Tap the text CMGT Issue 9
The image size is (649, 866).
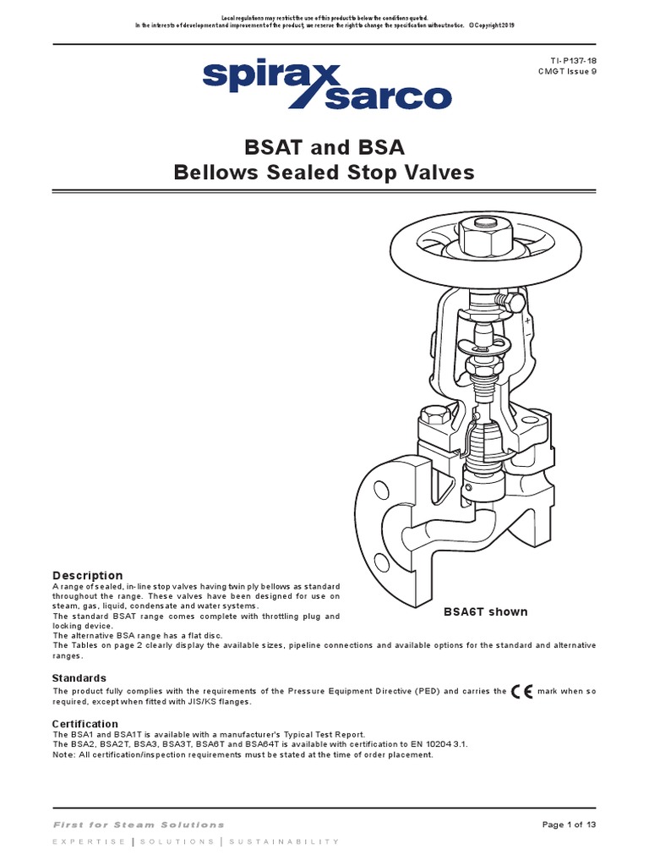pos(568,74)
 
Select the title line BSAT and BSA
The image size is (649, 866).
pos(324,148)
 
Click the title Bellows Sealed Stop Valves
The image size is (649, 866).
pos(324,173)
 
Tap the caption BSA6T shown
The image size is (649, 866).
pos(486,611)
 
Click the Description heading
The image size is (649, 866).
pos(88,575)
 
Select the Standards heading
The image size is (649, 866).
pos(79,677)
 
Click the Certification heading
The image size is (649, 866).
pos(85,724)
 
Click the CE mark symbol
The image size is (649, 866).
pos(522,692)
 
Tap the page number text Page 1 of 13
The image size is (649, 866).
pos(568,825)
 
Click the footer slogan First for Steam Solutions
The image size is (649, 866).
pos(139,825)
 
